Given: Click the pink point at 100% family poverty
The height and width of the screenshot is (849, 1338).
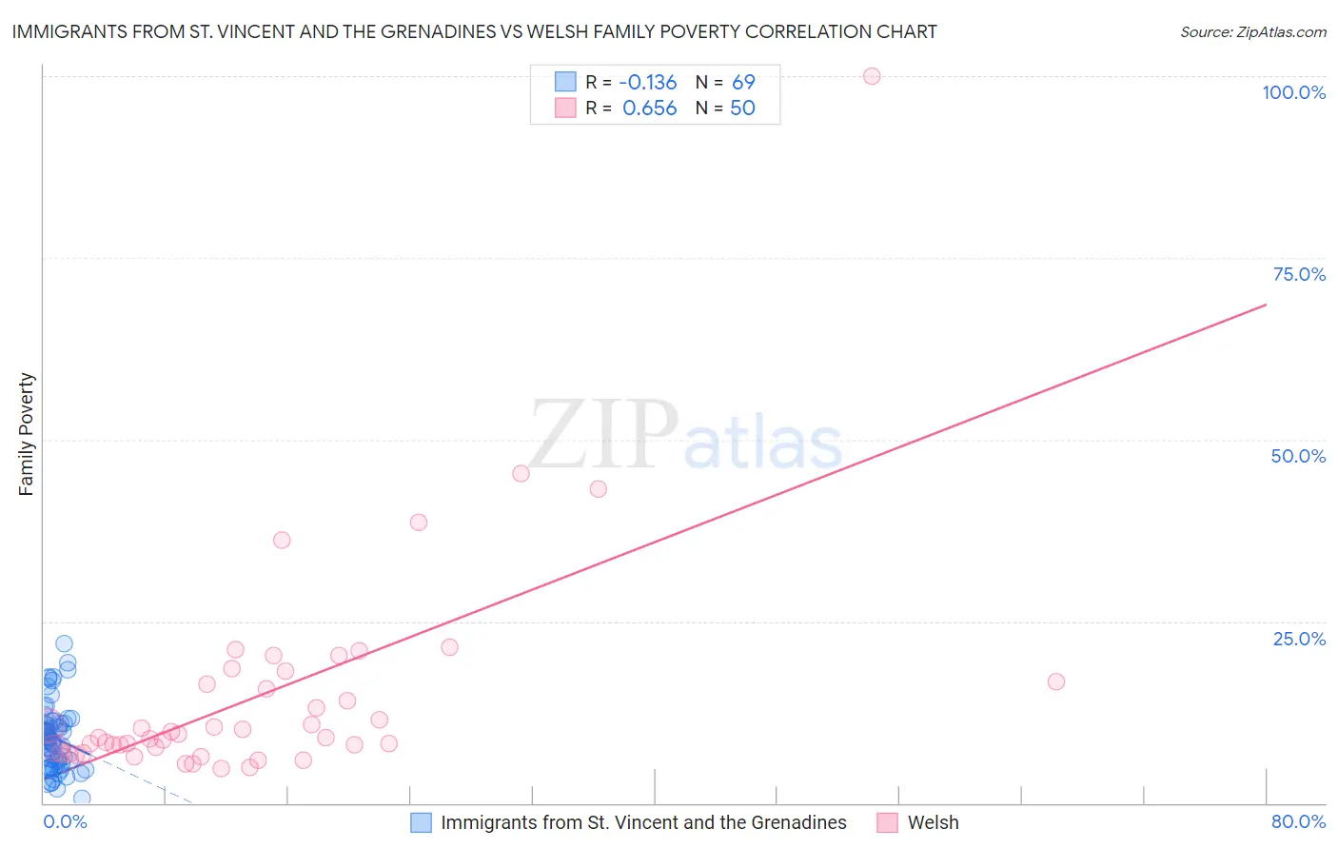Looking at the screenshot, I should [872, 76].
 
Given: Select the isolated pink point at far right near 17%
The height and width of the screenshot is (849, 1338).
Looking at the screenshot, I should [1055, 681].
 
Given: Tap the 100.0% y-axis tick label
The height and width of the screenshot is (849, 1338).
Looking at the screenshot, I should [1293, 92].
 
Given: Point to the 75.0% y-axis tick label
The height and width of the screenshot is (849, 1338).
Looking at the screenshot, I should [1299, 274].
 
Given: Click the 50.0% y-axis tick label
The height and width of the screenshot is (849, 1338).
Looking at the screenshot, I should [1298, 456].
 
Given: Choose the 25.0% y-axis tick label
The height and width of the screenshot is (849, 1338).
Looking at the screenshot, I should [1299, 639].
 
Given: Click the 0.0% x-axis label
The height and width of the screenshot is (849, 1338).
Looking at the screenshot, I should [65, 821].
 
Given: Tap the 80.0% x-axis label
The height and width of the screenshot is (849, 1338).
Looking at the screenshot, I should [1298, 821].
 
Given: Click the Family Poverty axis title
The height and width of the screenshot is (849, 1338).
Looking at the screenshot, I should [27, 434].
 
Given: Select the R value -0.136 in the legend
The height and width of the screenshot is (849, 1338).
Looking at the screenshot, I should [648, 83].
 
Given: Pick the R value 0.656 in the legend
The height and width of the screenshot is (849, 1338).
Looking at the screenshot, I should [650, 109].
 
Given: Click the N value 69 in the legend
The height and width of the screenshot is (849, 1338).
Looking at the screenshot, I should [743, 83].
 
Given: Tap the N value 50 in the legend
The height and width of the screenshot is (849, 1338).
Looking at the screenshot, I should [742, 109].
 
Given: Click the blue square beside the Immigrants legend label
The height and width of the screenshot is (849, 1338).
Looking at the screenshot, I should [421, 822].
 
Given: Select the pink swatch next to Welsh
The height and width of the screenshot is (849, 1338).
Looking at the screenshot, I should [887, 822].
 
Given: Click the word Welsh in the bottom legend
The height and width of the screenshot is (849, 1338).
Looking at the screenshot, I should [933, 822].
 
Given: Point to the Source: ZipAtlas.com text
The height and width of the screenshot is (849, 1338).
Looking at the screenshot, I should [1252, 32].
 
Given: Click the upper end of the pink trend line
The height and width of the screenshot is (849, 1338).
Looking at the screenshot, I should [1266, 305].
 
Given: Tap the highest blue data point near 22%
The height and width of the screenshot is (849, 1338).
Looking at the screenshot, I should [64, 644].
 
